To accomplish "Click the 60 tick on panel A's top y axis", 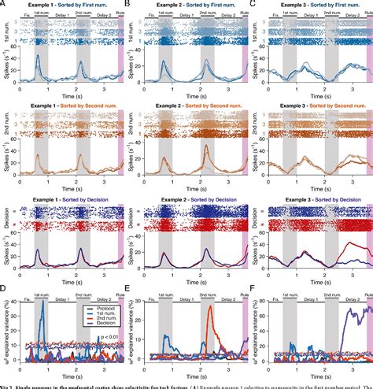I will [16, 46].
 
